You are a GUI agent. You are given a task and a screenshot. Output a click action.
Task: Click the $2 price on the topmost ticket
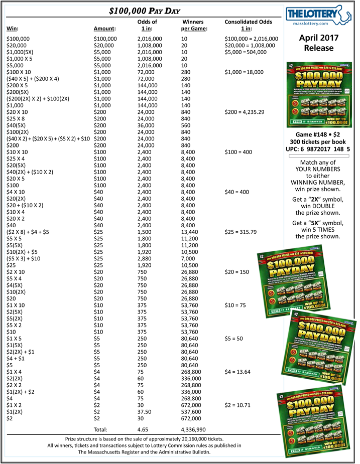point(291,66)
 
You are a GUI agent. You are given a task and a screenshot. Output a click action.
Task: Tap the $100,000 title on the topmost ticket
point(317,75)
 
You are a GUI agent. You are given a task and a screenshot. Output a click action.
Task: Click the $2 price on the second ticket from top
point(261,257)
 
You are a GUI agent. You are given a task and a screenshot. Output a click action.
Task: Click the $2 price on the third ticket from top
point(295,315)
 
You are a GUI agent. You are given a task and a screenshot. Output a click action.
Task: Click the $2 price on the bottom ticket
point(282,396)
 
